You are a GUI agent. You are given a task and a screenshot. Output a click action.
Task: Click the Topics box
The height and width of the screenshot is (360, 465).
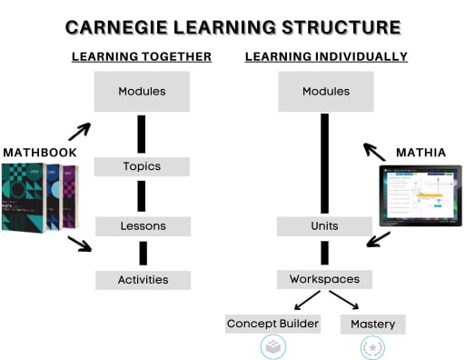(x=142, y=166)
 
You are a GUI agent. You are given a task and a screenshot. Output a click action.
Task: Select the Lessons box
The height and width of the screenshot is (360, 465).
(x=142, y=225)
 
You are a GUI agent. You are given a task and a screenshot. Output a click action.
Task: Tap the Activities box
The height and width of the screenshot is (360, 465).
(x=143, y=280)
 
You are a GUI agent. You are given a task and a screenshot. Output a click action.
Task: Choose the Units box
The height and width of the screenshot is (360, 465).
(x=324, y=225)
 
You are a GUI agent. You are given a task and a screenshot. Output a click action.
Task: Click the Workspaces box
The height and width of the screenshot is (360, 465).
(x=324, y=279)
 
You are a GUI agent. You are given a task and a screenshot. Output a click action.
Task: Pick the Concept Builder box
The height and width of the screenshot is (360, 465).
(x=273, y=324)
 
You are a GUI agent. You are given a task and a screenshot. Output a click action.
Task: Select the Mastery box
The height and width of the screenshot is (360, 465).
(x=372, y=324)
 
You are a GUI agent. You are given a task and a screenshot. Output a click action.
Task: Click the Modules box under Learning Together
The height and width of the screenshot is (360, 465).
(x=142, y=92)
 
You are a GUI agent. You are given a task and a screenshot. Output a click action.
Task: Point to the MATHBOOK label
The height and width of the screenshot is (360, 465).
(x=38, y=152)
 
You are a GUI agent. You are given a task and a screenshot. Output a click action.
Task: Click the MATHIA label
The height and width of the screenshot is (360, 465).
(x=420, y=152)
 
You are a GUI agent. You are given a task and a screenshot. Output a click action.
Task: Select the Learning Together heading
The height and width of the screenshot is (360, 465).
(x=142, y=56)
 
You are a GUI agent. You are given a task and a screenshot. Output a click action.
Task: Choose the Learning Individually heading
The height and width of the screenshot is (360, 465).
(x=326, y=56)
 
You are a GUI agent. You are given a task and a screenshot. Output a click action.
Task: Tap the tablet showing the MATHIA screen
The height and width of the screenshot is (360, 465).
(x=420, y=195)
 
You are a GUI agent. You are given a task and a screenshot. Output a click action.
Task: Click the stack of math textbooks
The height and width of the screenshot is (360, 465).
(x=41, y=197)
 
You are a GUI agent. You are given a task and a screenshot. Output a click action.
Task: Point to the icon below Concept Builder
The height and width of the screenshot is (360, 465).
(x=273, y=347)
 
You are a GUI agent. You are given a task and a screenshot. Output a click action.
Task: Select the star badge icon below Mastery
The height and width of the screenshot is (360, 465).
(x=372, y=347)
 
